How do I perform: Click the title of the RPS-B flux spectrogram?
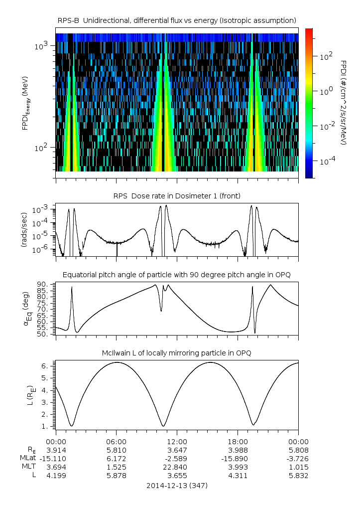pyautogui.click(x=177, y=20)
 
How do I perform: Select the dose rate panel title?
pyautogui.click(x=177, y=196)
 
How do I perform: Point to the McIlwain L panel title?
pyautogui.click(x=177, y=353)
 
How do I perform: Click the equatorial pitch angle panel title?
pyautogui.click(x=177, y=275)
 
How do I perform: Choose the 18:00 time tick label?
pyautogui.click(x=238, y=442)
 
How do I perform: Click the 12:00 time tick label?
pyautogui.click(x=177, y=442)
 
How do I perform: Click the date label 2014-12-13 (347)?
pyautogui.click(x=177, y=485)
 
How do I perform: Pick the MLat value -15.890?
pyautogui.click(x=238, y=458)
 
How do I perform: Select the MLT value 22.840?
pyautogui.click(x=177, y=467)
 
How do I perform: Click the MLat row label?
pyautogui.click(x=27, y=458)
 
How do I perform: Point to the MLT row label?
pyautogui.click(x=28, y=467)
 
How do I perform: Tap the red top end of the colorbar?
pyautogui.click(x=309, y=31)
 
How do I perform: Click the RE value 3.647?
pyautogui.click(x=177, y=450)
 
